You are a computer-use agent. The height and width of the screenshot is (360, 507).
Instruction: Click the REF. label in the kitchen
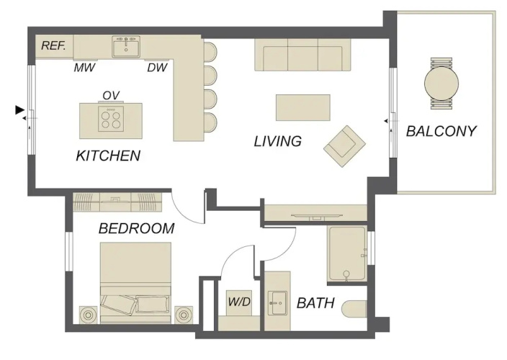(53, 45)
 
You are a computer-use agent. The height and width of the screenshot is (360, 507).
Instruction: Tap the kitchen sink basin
(126, 47)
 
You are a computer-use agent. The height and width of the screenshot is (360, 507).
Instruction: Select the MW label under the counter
(84, 68)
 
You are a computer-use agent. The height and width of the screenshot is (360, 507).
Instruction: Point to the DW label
(158, 68)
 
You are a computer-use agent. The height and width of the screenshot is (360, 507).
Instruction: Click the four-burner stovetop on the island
(111, 120)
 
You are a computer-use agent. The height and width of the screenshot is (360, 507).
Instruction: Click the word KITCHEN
(108, 156)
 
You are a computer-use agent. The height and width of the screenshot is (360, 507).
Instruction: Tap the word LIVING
(278, 142)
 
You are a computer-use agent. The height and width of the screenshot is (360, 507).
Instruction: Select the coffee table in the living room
(303, 107)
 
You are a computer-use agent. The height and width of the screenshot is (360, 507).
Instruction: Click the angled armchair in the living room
(345, 146)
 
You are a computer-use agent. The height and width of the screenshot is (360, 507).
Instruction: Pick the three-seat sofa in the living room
(302, 55)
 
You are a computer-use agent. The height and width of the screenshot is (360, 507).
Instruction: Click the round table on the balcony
(441, 84)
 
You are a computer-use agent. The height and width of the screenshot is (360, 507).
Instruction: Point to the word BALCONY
(441, 131)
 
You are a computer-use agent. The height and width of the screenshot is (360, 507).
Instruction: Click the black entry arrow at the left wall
(19, 110)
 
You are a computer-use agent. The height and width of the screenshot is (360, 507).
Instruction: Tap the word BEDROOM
(136, 228)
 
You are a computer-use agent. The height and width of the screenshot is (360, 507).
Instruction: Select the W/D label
(239, 302)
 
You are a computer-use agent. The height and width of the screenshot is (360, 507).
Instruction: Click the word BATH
(315, 303)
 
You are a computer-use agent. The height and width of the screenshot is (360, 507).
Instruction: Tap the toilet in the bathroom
(354, 310)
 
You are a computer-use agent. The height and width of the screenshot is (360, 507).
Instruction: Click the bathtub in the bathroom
(347, 254)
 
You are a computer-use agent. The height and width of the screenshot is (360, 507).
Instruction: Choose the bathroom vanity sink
(278, 303)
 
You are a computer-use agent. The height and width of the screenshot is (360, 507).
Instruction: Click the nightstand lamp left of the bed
(88, 315)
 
